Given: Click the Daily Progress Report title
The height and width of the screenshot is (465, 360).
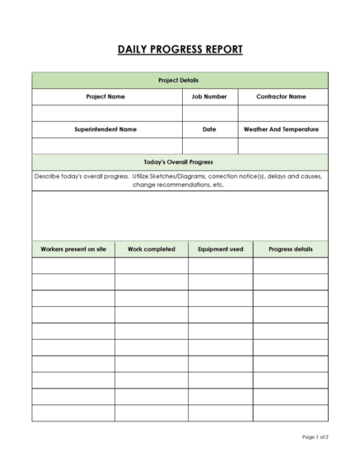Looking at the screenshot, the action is click(x=180, y=49).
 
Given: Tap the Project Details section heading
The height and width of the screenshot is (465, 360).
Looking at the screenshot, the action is click(x=180, y=80).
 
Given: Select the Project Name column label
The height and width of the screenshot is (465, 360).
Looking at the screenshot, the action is click(x=106, y=96).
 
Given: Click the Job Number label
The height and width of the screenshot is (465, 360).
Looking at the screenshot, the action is click(x=209, y=96).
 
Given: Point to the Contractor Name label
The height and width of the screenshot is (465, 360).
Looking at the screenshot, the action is click(x=281, y=96).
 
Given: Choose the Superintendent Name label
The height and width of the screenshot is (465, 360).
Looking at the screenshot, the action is click(x=106, y=129).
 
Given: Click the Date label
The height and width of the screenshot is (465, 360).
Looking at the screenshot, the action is click(x=209, y=129).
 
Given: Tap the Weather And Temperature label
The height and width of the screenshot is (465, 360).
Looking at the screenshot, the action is click(x=281, y=129).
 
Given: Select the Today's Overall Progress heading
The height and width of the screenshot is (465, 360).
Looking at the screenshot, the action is click(x=180, y=162).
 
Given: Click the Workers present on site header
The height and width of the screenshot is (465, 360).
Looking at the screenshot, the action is click(x=73, y=249).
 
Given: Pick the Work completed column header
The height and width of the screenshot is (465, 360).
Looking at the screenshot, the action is click(x=151, y=249).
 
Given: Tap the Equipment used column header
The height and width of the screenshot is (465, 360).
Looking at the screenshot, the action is click(x=220, y=249).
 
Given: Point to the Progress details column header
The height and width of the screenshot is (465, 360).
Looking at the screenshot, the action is click(x=290, y=249).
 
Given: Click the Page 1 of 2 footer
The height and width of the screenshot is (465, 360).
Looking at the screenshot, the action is click(x=315, y=437).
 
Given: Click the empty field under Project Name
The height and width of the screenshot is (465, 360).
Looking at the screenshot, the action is click(x=106, y=113).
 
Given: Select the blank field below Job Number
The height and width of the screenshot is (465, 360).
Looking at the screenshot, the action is click(x=209, y=113).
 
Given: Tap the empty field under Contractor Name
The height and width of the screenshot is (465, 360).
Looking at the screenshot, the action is click(x=281, y=113).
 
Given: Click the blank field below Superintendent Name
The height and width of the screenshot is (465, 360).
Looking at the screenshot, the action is click(x=106, y=146).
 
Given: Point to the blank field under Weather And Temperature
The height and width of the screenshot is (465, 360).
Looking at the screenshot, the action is click(x=281, y=146).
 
